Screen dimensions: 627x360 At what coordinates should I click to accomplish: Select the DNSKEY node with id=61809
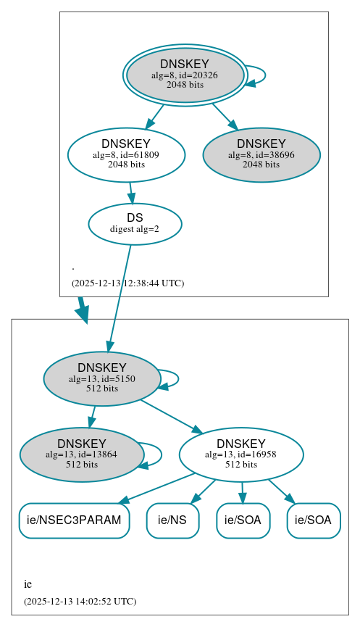[x=126, y=154]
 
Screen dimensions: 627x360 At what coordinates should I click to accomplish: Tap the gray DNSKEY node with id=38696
[x=261, y=154]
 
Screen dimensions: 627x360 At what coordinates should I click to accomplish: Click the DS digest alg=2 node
[x=135, y=223]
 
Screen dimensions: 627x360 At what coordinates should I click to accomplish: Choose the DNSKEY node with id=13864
[x=81, y=454]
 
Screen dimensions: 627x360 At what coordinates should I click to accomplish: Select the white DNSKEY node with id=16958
[x=240, y=454]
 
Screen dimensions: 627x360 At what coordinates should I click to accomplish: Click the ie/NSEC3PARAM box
[x=74, y=520]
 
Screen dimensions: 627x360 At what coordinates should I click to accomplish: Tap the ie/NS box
[x=172, y=520]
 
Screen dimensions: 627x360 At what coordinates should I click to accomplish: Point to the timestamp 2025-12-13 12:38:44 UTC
[x=127, y=283]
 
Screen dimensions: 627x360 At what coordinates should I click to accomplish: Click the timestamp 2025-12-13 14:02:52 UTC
[x=80, y=601]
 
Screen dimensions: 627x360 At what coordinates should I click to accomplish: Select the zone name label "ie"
[x=28, y=584]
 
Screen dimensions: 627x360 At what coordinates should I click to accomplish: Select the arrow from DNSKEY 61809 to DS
[x=130, y=193]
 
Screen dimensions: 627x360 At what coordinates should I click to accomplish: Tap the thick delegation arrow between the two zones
[x=83, y=310]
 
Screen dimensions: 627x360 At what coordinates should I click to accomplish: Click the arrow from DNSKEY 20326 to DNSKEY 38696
[x=225, y=117]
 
